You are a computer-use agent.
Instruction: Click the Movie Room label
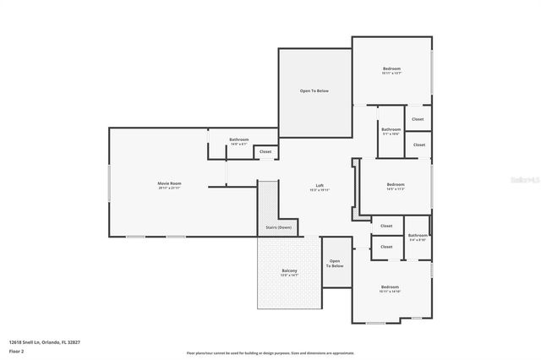[x=169, y=183]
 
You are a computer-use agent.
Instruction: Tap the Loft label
[x=320, y=186]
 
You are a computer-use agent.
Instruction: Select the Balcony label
[x=289, y=270]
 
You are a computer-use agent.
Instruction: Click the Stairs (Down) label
[x=278, y=227]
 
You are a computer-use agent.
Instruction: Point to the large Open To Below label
[x=314, y=90]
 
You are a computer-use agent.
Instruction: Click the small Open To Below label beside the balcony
[x=336, y=264]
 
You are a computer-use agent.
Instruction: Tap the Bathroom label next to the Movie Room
[x=239, y=139]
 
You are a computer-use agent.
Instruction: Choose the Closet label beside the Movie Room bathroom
[x=265, y=152]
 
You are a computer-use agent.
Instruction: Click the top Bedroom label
[x=391, y=68]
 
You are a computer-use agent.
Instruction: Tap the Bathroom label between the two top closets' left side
[x=391, y=129]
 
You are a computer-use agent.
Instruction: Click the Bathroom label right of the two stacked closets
[x=418, y=236]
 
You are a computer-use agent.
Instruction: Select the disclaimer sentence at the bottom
[x=270, y=353]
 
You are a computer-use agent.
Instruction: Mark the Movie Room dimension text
[x=169, y=188]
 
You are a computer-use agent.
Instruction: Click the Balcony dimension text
[x=289, y=275]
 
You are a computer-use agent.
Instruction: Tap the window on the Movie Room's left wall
[x=108, y=183]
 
